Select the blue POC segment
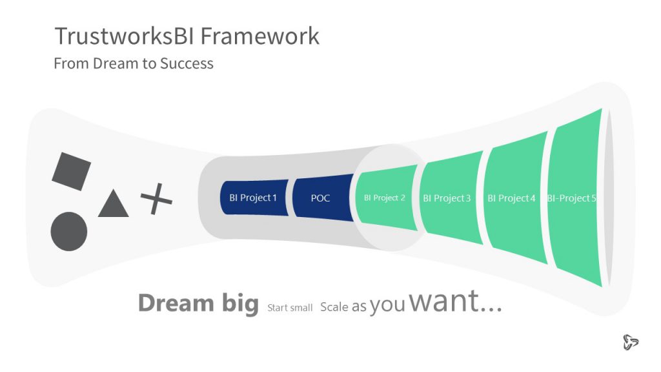[x=323, y=198]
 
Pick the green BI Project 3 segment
[x=451, y=198]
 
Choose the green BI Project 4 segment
[x=516, y=198]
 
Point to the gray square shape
[x=71, y=171]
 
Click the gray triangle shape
[x=114, y=203]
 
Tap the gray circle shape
[x=68, y=232]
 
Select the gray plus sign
[x=156, y=199]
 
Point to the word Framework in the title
[x=260, y=36]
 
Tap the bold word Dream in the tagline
[x=176, y=304]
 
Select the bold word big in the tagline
[x=240, y=304]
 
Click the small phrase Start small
[x=290, y=308]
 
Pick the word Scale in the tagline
[x=334, y=307]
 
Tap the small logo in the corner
[x=631, y=342]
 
